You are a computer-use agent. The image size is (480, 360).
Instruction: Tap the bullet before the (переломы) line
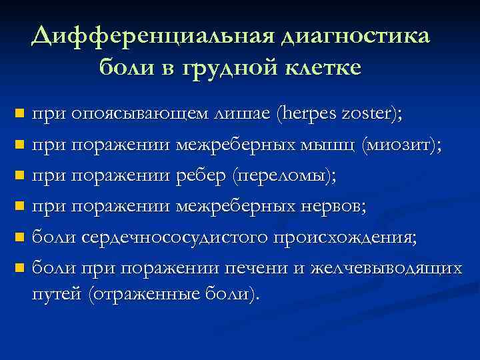click(19, 176)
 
